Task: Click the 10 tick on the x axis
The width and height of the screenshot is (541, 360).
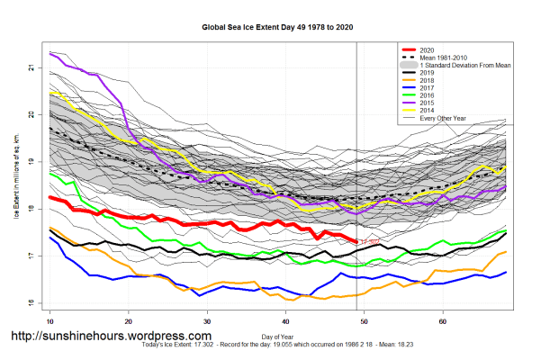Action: tap(50, 320)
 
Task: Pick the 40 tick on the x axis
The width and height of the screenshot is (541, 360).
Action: tap(285, 320)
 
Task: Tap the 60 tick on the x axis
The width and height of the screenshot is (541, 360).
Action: tap(443, 320)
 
